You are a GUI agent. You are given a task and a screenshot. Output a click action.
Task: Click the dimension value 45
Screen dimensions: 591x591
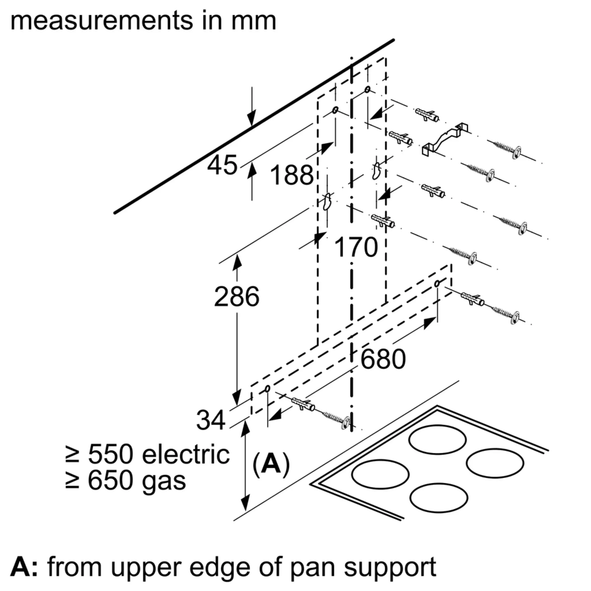point(223,165)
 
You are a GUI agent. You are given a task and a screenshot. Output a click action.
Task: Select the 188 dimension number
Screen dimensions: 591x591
point(292,175)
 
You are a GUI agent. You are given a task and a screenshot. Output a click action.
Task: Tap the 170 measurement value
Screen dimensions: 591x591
point(356,247)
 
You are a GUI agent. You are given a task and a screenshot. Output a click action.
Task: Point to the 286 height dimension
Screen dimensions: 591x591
point(236,297)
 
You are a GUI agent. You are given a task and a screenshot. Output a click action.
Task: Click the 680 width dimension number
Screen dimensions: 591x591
point(383,359)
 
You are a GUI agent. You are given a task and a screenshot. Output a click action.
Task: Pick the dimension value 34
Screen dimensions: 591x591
point(211,420)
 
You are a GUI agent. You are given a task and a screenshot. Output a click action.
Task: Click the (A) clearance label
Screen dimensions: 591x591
point(271,465)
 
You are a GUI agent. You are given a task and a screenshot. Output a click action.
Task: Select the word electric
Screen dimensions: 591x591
point(186,454)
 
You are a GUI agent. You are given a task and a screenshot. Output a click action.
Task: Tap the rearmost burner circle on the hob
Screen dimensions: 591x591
point(437,440)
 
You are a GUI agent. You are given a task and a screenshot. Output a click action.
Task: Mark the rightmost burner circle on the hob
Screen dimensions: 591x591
point(495,463)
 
